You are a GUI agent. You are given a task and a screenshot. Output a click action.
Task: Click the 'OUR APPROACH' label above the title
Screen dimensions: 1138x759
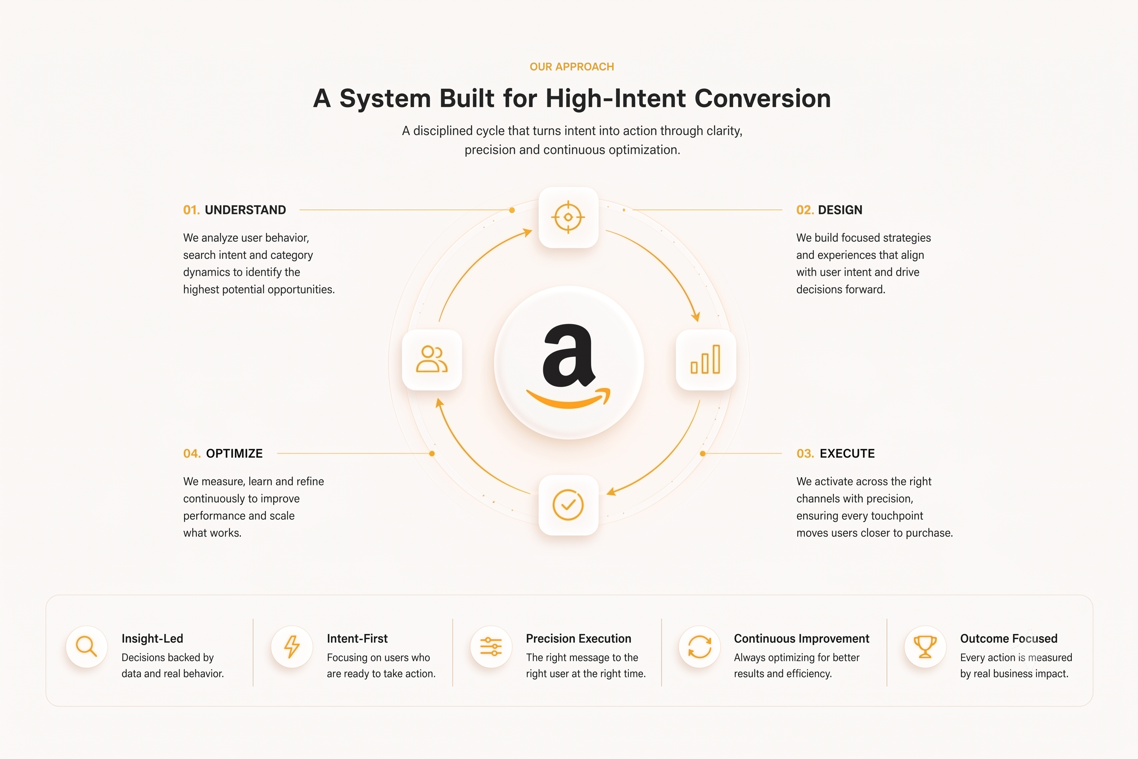coord(572,67)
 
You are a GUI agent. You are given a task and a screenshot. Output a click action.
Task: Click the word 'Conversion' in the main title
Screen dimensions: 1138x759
coord(763,98)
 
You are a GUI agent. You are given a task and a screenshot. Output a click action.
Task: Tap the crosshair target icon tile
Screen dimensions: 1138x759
coord(568,217)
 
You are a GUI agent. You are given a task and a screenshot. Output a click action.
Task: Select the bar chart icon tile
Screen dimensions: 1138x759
coord(706,360)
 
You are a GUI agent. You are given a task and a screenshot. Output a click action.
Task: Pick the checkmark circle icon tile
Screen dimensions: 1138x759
coord(568,505)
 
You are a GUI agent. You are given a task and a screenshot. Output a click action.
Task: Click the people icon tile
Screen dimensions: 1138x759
coord(432,360)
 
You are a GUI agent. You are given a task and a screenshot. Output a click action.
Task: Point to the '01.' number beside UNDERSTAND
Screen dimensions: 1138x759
coord(191,210)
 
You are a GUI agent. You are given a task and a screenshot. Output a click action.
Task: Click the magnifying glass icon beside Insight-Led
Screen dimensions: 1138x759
coord(86,647)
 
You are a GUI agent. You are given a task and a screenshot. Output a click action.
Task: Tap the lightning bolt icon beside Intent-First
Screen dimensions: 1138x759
coord(292,647)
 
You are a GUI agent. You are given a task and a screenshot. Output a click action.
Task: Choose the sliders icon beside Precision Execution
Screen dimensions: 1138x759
coord(491,647)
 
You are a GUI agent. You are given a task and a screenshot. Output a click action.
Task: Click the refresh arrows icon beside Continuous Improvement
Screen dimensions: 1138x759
coord(700,647)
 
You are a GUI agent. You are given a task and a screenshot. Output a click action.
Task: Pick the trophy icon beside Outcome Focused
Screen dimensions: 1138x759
coord(925,647)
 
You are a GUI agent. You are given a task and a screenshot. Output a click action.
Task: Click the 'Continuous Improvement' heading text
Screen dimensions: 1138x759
coord(802,638)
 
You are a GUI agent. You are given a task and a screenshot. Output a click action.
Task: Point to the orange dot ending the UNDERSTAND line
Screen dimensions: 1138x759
coord(512,210)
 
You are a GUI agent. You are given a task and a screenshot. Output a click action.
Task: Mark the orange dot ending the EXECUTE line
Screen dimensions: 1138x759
coord(702,454)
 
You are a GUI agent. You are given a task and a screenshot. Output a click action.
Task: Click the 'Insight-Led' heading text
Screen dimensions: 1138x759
coord(153,638)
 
